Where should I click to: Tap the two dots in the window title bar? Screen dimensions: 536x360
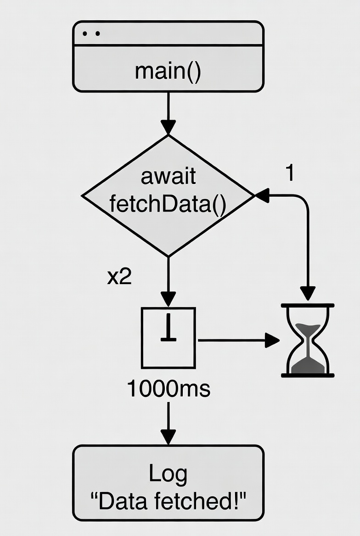(91, 33)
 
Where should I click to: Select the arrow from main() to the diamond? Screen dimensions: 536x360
(168, 112)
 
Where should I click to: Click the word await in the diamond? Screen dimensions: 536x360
(168, 177)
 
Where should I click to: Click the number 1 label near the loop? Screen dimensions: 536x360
(289, 173)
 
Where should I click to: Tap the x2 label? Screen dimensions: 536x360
(119, 277)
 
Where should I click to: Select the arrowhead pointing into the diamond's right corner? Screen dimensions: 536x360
(262, 196)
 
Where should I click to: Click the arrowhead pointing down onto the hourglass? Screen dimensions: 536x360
(308, 293)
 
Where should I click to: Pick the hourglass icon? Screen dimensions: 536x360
(308, 340)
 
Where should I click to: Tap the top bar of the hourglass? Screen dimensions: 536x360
(308, 305)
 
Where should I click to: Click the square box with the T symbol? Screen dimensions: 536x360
(168, 338)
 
